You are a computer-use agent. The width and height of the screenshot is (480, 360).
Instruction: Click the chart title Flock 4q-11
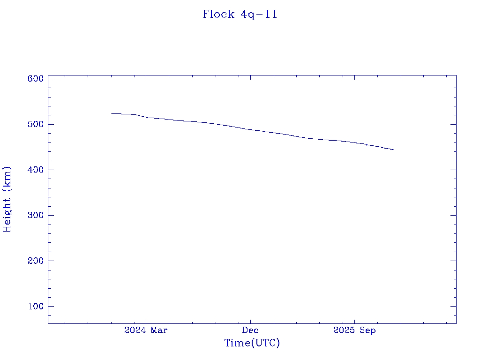(240, 15)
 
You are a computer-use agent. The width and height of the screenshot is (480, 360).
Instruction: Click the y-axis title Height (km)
(7, 199)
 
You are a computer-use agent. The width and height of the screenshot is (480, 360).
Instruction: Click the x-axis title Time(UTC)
(252, 343)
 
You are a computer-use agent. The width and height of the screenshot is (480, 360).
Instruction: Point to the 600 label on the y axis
(36, 79)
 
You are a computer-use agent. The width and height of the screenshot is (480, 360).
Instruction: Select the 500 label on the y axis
(36, 124)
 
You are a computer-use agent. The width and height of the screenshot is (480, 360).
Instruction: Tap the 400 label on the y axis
(36, 170)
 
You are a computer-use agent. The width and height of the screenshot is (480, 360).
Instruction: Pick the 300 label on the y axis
(36, 215)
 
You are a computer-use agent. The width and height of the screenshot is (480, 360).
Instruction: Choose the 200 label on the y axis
(36, 261)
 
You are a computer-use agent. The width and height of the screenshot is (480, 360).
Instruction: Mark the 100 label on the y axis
(36, 306)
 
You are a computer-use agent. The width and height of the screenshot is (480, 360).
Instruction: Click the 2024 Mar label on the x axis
(146, 330)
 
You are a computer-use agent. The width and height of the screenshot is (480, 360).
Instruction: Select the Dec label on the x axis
(250, 330)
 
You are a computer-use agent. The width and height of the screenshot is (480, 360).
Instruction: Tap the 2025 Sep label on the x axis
(354, 330)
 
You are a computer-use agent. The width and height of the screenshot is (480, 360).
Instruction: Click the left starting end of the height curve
(112, 113)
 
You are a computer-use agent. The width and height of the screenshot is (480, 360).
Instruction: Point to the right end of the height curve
(394, 150)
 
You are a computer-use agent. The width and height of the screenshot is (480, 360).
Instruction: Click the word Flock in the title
(218, 15)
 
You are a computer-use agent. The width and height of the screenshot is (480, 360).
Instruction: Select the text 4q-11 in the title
(259, 15)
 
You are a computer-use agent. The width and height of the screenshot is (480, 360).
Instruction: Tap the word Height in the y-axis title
(7, 211)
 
